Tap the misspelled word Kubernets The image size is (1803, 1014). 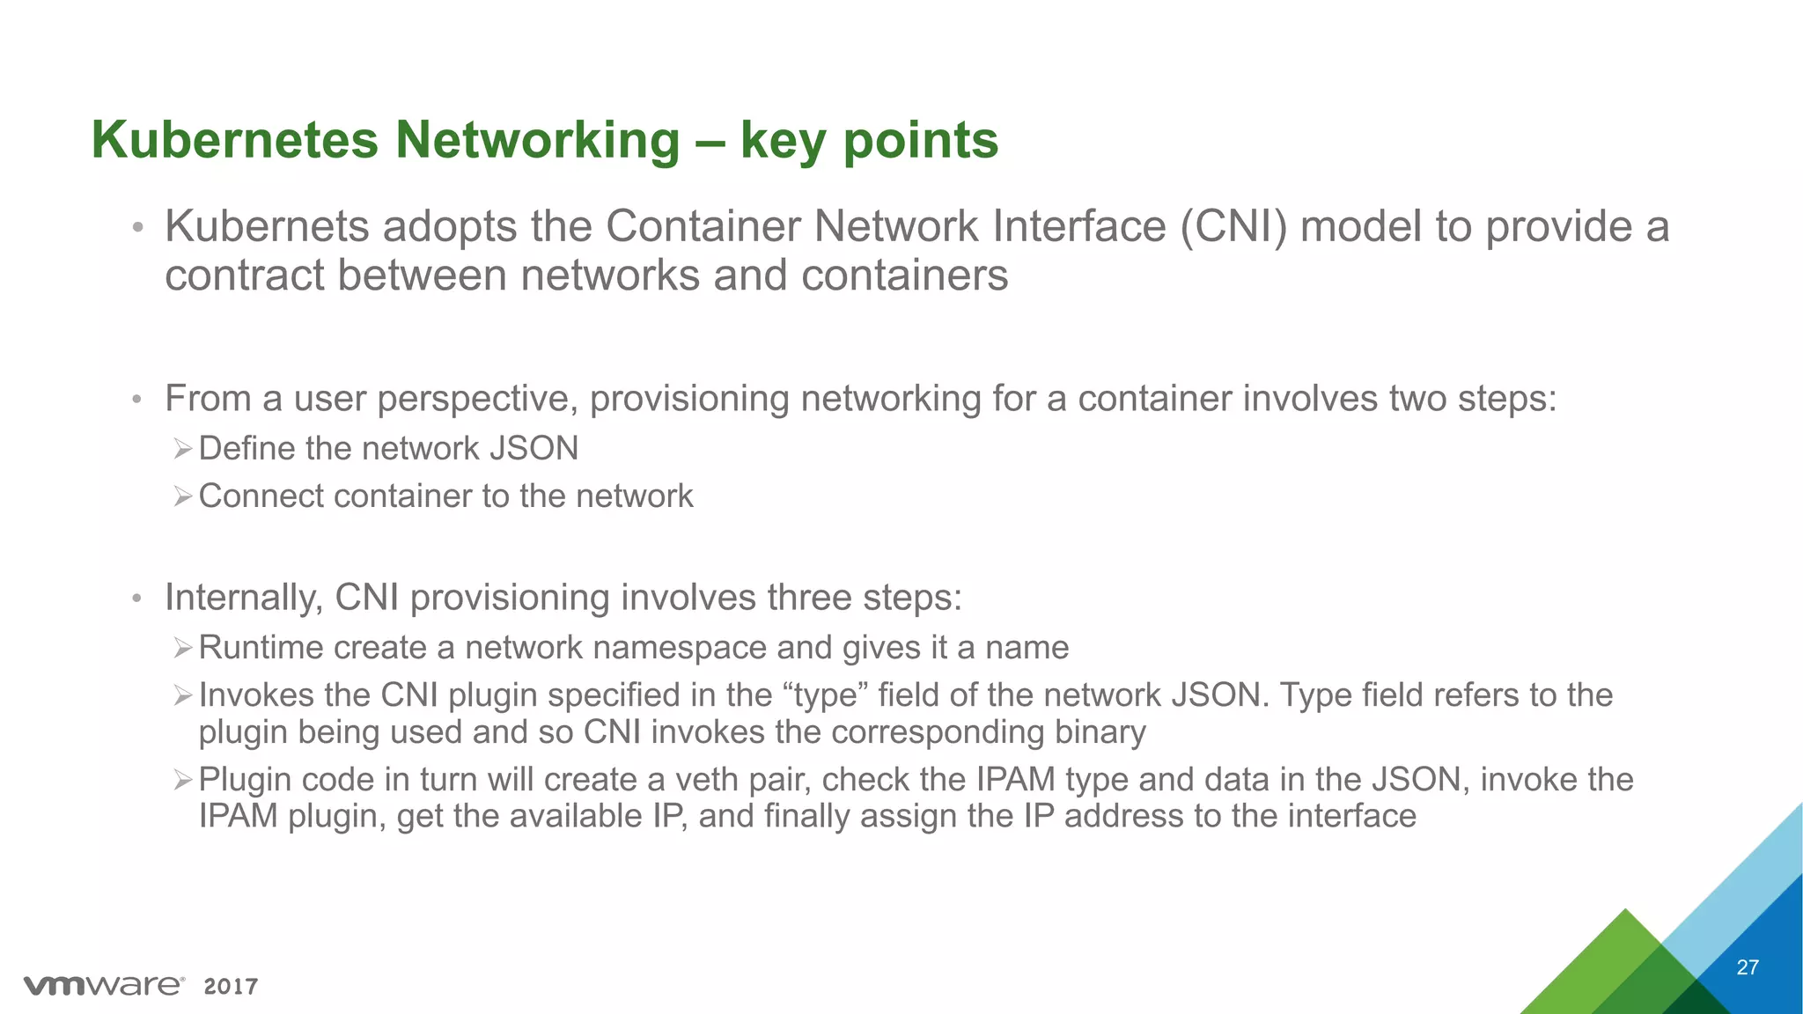[267, 226]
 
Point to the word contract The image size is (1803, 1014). [243, 276]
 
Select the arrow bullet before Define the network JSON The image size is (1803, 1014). [182, 450]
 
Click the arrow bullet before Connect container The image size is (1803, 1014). [182, 497]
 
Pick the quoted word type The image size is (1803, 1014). [824, 695]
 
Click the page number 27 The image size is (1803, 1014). [1748, 967]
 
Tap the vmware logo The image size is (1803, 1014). [104, 985]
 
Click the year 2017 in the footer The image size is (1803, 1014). [231, 987]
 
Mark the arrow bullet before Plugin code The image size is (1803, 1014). [182, 780]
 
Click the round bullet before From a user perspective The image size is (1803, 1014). [136, 400]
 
